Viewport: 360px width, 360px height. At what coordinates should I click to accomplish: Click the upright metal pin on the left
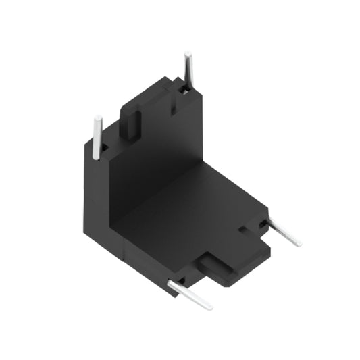point(97,138)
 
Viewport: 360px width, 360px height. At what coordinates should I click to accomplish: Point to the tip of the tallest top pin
point(186,53)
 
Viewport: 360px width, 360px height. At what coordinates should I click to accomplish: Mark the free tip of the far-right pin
point(298,244)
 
